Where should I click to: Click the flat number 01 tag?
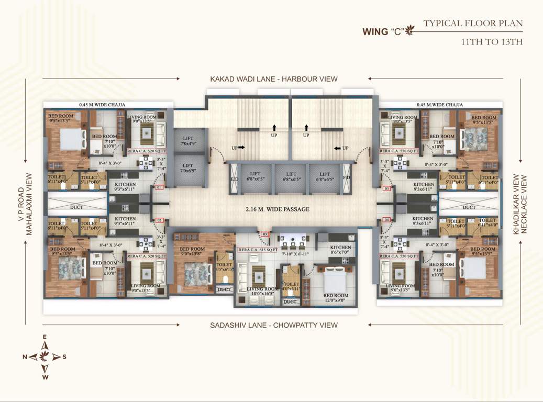click(x=160, y=187)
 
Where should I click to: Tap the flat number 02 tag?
click(x=160, y=220)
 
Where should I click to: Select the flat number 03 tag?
click(x=265, y=234)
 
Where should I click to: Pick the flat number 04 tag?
click(x=387, y=220)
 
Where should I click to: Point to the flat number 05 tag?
click(x=387, y=188)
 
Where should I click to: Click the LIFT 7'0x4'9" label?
click(x=187, y=141)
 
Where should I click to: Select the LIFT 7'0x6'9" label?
click(x=187, y=168)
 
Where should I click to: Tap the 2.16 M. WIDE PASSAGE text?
click(x=278, y=209)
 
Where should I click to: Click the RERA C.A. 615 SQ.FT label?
click(x=257, y=250)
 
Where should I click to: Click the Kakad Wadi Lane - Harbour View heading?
click(x=274, y=79)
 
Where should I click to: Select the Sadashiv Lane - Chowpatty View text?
click(x=274, y=325)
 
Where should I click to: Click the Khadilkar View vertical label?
click(x=516, y=204)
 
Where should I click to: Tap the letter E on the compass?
click(x=45, y=337)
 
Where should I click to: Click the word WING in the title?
click(x=374, y=31)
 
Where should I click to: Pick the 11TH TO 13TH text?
click(x=492, y=41)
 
